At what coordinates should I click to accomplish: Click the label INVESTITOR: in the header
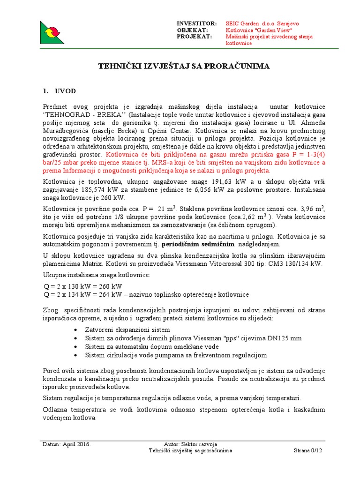[196, 23]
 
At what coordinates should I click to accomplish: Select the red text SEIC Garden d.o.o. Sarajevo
[262, 23]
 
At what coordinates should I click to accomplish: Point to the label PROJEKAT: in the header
[194, 37]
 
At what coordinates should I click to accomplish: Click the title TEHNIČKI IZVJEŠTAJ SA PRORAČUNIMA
[184, 67]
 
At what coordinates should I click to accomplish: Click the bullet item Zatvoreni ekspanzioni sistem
[127, 330]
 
